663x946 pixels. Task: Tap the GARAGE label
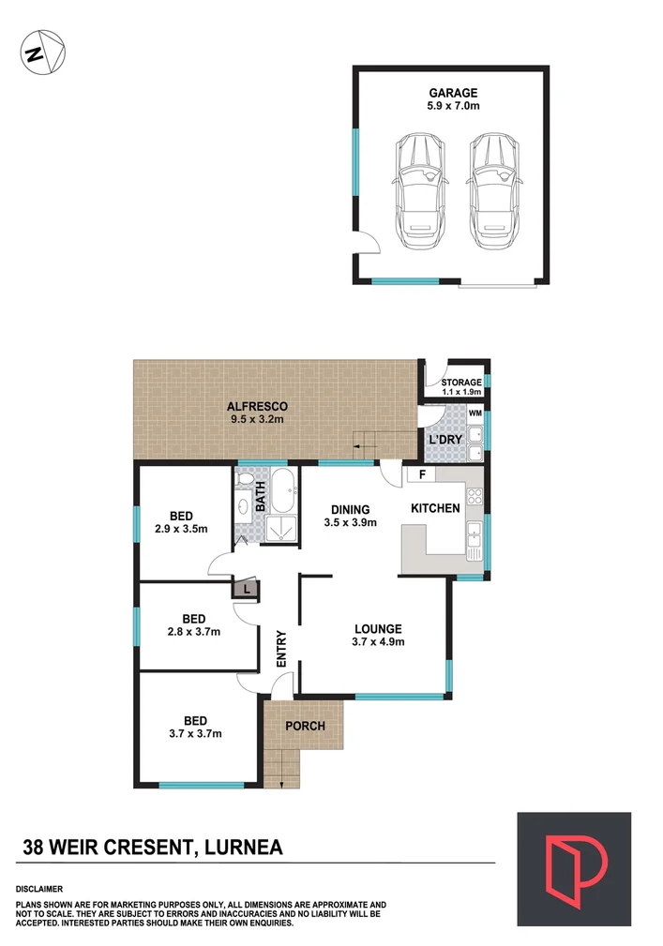tap(453, 93)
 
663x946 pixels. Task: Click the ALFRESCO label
tap(256, 406)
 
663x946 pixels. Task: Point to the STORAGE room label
tap(461, 383)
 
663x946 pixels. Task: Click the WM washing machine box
tap(475, 413)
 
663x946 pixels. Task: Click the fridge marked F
tap(422, 474)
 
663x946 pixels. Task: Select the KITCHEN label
tap(435, 508)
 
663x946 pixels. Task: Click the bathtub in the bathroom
tap(282, 489)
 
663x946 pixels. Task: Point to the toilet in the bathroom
tap(246, 481)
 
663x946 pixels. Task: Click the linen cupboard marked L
tap(246, 589)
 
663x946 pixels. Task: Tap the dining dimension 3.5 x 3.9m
tap(350, 523)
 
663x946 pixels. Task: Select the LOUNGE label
tap(378, 628)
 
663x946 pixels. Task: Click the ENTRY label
tap(280, 648)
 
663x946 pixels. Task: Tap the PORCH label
tap(305, 726)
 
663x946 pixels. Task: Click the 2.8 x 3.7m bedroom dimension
tap(194, 632)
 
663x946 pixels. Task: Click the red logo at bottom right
tap(573, 868)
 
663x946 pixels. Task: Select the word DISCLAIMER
tap(39, 888)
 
